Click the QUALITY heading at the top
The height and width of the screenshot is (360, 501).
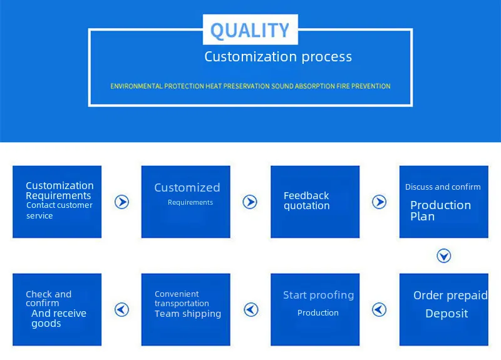[x=249, y=30]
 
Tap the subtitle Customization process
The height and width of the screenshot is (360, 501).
[x=278, y=57]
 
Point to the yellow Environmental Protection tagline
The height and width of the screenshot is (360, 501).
[x=250, y=86]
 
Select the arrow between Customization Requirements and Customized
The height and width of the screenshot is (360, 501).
[x=121, y=202]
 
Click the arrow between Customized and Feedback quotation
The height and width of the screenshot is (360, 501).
[x=250, y=202]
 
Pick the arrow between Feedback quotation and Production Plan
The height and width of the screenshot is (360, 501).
[x=379, y=202]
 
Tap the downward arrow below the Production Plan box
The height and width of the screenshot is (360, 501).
[x=443, y=255]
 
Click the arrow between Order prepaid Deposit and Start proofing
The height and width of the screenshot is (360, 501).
[x=379, y=309]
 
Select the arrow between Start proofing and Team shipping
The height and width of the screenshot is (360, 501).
[x=250, y=309]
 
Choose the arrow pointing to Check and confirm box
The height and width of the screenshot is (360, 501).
[x=121, y=309]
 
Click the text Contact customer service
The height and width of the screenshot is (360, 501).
[x=59, y=210]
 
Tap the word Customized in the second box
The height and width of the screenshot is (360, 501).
[x=187, y=188]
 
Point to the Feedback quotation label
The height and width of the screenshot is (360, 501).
[x=306, y=201]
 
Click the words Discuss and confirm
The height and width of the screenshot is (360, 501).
[x=443, y=187]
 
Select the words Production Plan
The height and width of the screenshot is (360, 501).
[x=440, y=211]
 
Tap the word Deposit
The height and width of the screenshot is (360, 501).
[x=447, y=314]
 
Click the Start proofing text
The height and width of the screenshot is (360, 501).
[x=318, y=295]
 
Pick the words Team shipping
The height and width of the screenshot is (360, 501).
[x=188, y=314]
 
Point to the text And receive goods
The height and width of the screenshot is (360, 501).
[x=58, y=319]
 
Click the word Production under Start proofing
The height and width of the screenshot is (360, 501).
[x=318, y=313]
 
